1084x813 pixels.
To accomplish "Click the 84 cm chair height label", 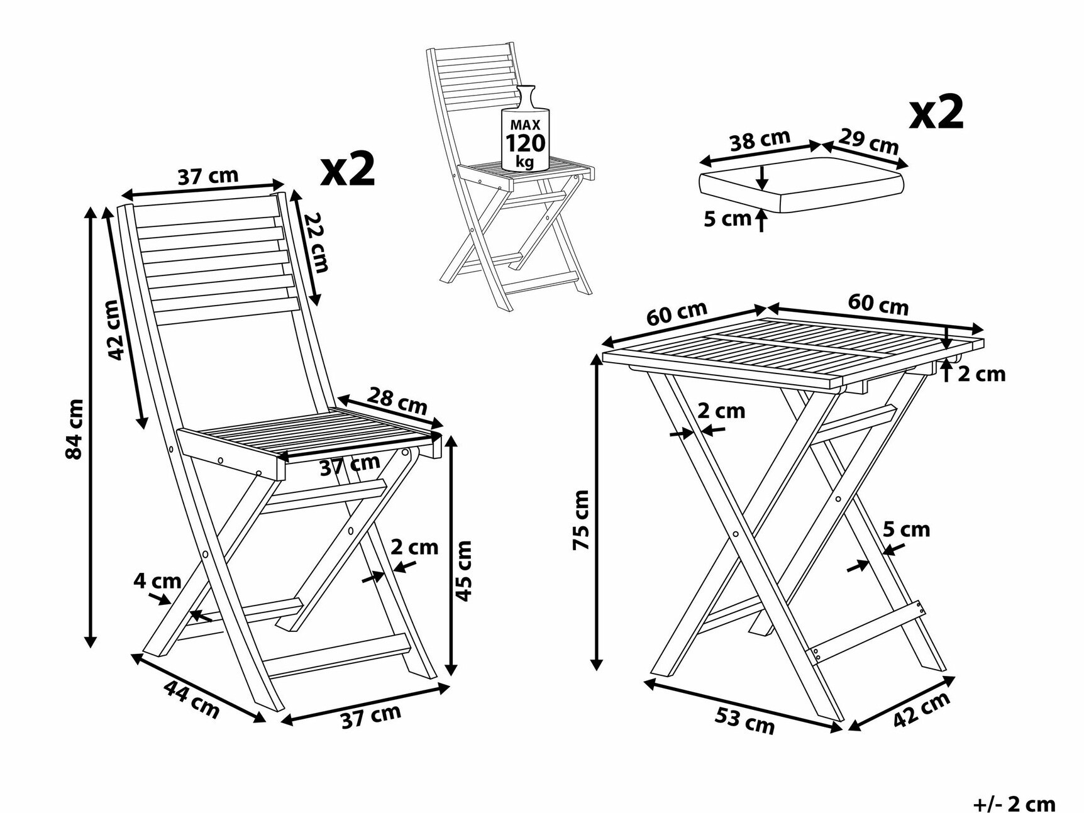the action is (75, 429).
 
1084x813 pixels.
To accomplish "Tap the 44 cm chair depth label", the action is (192, 699).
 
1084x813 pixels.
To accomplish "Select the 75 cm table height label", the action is (581, 520).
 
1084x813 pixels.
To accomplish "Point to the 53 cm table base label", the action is (744, 721).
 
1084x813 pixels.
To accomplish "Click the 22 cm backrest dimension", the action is (316, 242).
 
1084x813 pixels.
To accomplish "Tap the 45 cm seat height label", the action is (463, 570).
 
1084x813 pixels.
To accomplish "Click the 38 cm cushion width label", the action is (760, 140).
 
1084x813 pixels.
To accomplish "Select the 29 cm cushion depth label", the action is (868, 141).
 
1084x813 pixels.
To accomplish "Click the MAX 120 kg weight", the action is (525, 143).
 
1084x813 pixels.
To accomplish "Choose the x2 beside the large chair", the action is (348, 168).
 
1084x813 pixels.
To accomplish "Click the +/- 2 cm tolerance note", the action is (1014, 804).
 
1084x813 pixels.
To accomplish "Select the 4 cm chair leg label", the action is (157, 580).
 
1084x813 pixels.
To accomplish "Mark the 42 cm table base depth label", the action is (922, 710).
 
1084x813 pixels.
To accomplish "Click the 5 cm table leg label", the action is (906, 529).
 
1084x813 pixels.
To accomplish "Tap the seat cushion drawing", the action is (802, 184).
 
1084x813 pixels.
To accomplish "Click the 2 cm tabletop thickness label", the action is (982, 374).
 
